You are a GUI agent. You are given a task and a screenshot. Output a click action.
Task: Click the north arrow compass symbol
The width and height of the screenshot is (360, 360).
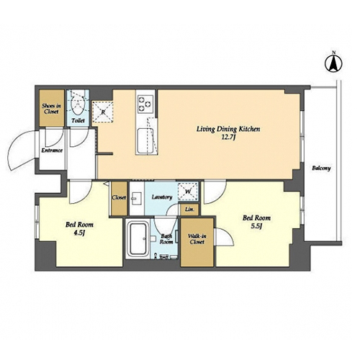click(333, 63)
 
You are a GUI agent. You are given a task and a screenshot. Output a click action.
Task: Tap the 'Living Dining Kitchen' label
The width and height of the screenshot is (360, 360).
click(228, 129)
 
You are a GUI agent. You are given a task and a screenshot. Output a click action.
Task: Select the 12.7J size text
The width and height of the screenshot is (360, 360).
click(228, 138)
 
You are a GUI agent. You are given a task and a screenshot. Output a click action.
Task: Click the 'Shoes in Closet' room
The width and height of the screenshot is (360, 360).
click(52, 108)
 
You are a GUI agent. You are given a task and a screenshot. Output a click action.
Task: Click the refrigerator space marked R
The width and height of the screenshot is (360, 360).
click(103, 112)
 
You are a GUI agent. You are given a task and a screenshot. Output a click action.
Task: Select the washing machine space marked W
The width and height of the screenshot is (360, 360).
click(188, 192)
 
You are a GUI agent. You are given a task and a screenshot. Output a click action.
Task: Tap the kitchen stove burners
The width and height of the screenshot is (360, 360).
click(145, 104)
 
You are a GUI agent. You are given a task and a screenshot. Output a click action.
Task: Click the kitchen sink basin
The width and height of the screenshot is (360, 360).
click(145, 140)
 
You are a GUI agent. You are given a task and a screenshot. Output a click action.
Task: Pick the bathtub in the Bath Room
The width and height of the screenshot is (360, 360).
click(138, 239)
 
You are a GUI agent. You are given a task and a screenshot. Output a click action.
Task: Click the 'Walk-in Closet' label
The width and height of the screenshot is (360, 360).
click(197, 239)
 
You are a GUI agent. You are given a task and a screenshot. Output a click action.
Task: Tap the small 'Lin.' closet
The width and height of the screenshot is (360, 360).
click(189, 210)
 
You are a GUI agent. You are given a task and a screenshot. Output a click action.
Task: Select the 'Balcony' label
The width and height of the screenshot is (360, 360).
click(321, 168)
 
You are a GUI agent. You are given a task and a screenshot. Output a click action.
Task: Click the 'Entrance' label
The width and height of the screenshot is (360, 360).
click(52, 150)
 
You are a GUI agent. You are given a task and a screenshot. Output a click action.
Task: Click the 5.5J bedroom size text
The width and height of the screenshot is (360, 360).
click(256, 227)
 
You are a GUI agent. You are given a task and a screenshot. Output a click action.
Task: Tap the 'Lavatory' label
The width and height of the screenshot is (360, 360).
click(162, 197)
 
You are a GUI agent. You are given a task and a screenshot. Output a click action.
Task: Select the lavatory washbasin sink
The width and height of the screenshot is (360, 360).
click(137, 198)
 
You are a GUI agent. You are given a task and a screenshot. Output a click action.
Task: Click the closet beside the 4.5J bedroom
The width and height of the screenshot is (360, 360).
click(119, 199)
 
